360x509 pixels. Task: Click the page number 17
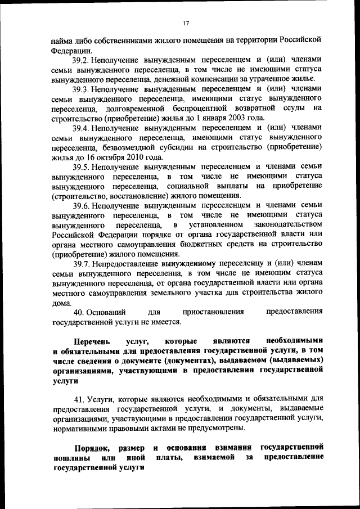[187, 22]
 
